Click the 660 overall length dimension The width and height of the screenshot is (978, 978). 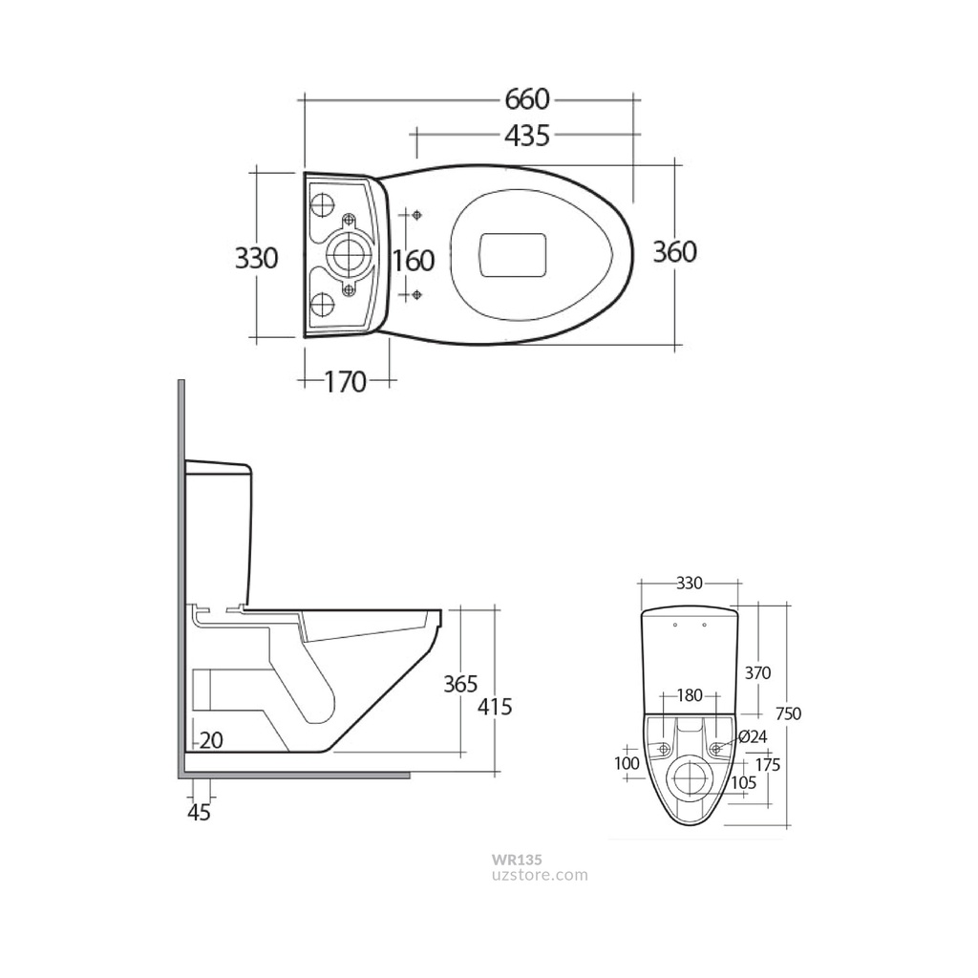[527, 98]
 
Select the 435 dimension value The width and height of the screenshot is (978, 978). [527, 136]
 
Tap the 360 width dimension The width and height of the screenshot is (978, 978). [675, 251]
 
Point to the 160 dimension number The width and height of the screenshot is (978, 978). [414, 260]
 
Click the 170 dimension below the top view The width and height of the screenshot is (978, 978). [345, 382]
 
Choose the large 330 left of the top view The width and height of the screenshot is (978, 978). [256, 258]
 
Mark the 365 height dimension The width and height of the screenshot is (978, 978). [460, 684]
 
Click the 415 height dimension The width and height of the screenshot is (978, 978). [495, 707]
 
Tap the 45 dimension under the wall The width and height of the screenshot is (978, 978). [200, 813]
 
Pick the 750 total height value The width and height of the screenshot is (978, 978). [788, 713]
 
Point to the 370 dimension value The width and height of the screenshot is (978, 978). [756, 672]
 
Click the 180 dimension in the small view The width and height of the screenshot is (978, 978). [691, 695]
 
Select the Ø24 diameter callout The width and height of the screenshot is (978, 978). [753, 736]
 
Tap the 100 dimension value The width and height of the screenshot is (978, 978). [627, 763]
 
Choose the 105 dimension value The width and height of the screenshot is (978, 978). [742, 782]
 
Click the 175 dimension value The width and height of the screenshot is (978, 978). [767, 765]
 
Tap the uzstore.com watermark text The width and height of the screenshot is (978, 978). [541, 874]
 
